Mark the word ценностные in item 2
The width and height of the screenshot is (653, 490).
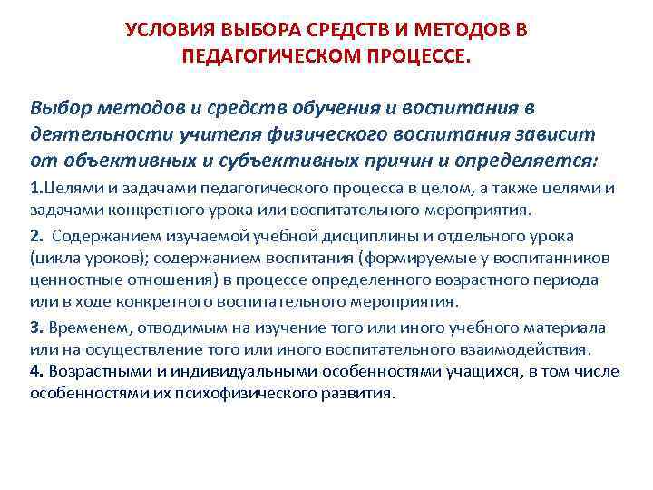click(72, 279)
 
